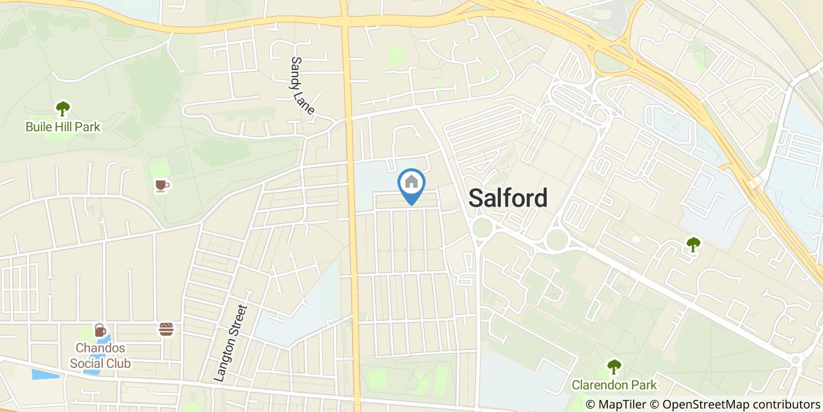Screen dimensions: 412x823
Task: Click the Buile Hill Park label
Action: (x=63, y=127)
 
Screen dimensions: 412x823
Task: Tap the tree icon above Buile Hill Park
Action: (x=62, y=108)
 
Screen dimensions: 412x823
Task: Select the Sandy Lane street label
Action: (x=303, y=86)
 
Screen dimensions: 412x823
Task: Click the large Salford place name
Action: (x=508, y=198)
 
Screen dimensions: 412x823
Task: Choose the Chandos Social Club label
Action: (x=100, y=355)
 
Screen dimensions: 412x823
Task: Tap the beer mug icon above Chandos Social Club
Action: (x=100, y=330)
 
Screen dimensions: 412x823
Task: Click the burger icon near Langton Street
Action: (x=166, y=329)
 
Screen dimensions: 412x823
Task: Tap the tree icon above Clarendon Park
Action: (x=614, y=367)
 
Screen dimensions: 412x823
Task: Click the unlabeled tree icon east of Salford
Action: (x=694, y=244)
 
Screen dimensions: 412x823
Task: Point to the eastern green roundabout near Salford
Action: (x=556, y=240)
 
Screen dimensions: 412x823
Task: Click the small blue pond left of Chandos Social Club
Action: (x=45, y=374)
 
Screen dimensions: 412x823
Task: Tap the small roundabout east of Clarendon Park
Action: (x=796, y=359)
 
